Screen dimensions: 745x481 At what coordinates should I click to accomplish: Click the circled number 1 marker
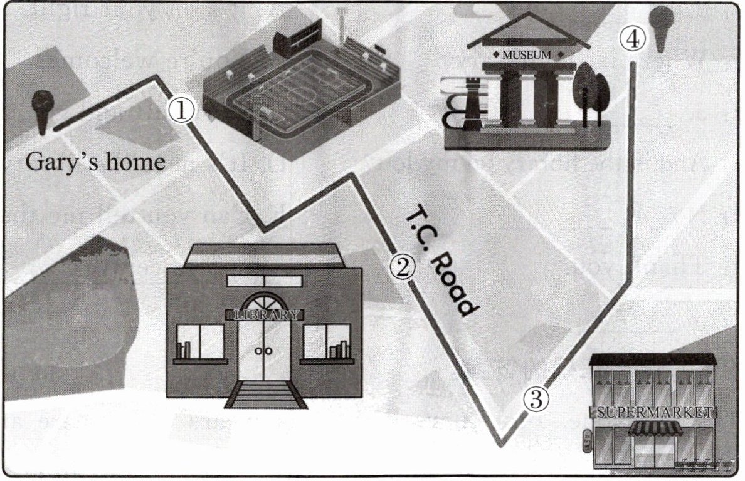coord(181,111)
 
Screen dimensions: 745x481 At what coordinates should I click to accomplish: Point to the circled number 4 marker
coord(631,39)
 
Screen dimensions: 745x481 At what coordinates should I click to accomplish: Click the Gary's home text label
coord(95,163)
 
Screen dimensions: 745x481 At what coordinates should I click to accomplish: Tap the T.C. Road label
coord(443,262)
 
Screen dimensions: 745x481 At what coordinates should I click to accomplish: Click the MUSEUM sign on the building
coord(527,54)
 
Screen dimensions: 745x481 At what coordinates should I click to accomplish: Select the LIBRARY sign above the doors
coord(264,314)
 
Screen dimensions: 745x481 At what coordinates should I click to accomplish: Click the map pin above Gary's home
coord(43,109)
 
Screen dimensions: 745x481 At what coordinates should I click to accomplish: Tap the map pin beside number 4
coord(661,26)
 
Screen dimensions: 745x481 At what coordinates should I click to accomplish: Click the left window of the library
coord(201,342)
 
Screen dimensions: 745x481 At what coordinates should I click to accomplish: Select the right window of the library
coord(326,342)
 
